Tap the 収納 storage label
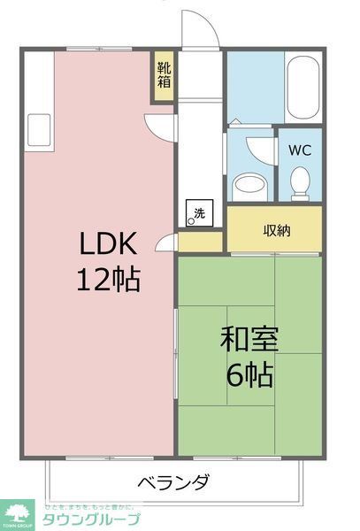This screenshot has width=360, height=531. click(x=276, y=231)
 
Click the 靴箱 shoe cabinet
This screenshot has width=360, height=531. click(x=165, y=76)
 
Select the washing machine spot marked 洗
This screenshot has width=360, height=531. click(x=199, y=212)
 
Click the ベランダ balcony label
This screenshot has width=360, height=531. click(x=173, y=482)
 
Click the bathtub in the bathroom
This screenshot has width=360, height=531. click(x=303, y=86)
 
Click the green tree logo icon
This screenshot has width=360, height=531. click(x=17, y=513)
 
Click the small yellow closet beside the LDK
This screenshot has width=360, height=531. click(x=201, y=241)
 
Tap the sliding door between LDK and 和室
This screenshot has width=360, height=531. click(x=176, y=354)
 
